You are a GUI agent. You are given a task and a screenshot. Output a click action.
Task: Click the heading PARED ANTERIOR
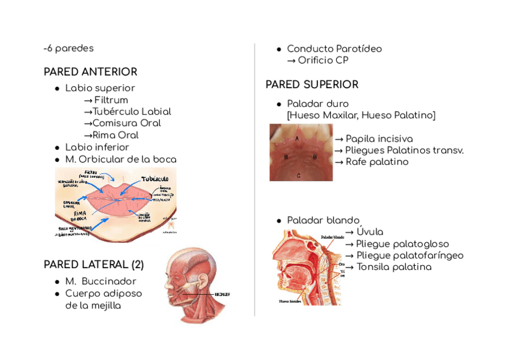point(90,72)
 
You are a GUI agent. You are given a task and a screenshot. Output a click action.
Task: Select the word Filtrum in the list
point(111,100)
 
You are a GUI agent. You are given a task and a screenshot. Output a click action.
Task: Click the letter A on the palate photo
point(298,137)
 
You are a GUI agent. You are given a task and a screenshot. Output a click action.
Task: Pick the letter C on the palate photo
point(299,175)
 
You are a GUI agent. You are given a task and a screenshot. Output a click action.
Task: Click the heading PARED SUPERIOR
point(312,85)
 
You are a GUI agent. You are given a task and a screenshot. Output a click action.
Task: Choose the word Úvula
point(370,232)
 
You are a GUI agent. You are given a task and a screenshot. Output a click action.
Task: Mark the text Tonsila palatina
point(394,267)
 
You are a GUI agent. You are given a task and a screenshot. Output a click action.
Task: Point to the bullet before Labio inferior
point(56,148)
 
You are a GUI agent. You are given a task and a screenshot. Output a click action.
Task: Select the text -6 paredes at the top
point(68,49)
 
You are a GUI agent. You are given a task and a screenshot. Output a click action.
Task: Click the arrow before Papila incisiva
point(339,139)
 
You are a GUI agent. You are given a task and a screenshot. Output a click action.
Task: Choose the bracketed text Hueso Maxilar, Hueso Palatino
point(361,115)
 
